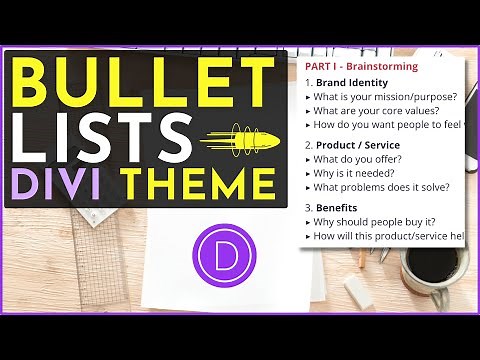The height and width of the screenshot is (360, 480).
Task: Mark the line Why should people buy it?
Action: (375, 221)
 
